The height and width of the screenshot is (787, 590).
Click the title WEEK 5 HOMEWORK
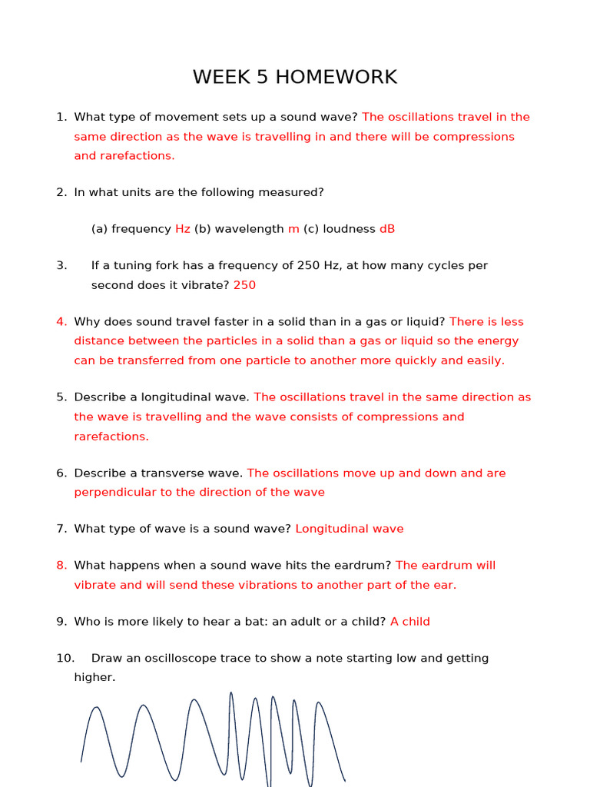pos(295,78)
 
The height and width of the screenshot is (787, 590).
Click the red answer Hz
pos(183,229)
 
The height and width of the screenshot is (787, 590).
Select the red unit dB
pos(387,229)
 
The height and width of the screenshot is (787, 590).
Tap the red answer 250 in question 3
pos(244,285)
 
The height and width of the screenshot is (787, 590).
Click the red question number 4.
pos(61,322)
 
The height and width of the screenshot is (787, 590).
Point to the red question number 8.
pos(61,566)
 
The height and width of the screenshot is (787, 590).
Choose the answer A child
pos(410,622)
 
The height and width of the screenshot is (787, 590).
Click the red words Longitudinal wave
pos(350,529)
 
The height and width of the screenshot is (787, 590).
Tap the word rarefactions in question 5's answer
pos(110,437)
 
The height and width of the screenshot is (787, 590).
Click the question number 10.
pos(65,659)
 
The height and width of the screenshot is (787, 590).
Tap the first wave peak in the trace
pos(97,709)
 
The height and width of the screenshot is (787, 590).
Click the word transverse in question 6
pos(208,473)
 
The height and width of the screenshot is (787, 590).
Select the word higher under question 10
pos(94,678)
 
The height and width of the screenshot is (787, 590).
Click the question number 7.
pos(61,529)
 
